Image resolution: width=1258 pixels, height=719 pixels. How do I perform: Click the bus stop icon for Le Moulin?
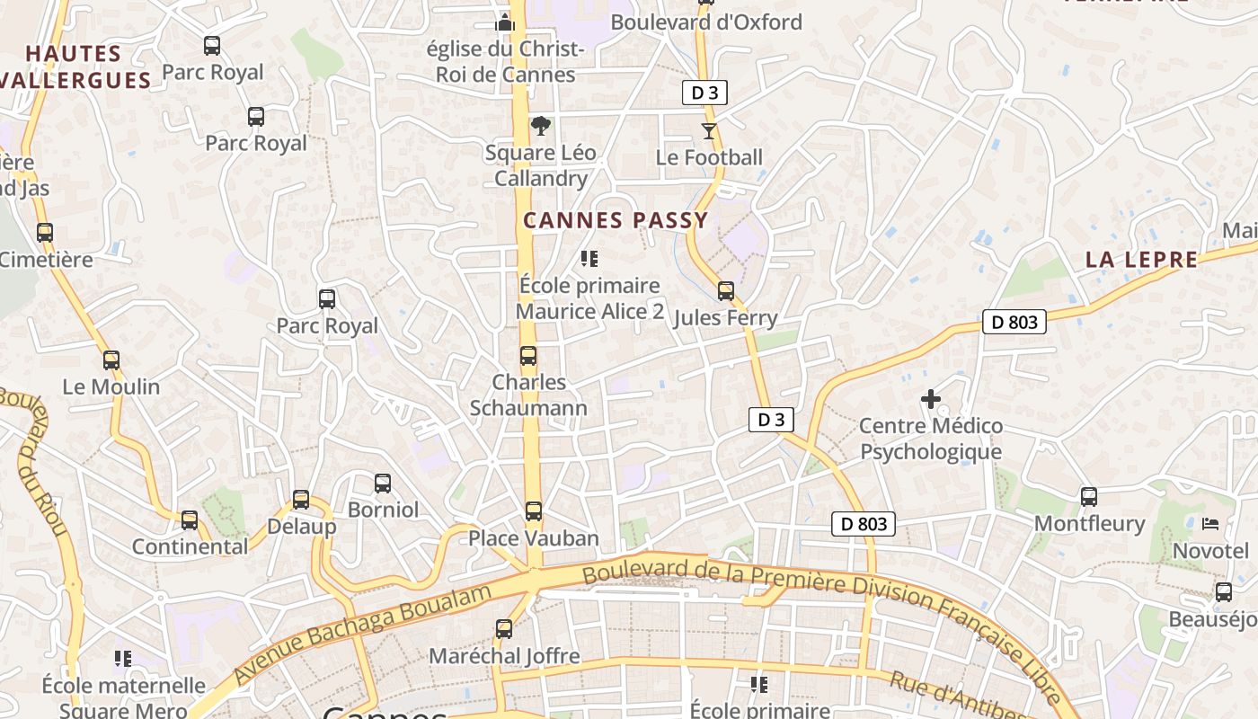click(111, 360)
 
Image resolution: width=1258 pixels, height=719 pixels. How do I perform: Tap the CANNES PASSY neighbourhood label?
click(616, 220)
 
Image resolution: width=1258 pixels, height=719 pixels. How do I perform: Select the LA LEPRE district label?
click(1141, 261)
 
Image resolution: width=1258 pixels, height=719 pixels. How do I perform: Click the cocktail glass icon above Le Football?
click(709, 131)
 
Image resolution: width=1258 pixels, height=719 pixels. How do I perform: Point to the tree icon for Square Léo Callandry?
click(540, 126)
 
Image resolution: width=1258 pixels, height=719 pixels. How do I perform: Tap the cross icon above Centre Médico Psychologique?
click(931, 398)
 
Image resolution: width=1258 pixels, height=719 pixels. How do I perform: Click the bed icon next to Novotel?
click(1210, 523)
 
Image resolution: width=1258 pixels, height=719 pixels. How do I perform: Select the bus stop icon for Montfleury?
click(1089, 496)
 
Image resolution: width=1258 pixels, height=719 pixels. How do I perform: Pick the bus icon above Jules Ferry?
click(726, 291)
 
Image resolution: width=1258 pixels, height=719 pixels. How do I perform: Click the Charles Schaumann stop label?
click(528, 395)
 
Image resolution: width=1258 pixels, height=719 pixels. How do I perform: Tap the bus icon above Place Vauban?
click(534, 511)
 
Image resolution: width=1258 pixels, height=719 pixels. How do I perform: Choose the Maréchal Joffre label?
click(504, 656)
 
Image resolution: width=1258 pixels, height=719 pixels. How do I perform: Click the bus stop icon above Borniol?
click(383, 484)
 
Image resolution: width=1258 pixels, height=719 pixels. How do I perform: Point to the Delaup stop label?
click(302, 527)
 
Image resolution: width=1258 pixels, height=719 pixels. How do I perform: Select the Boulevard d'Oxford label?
click(706, 22)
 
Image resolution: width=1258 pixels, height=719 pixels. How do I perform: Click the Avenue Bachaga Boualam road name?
click(363, 633)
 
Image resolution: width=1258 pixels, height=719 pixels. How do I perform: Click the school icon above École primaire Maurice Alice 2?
click(589, 260)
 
